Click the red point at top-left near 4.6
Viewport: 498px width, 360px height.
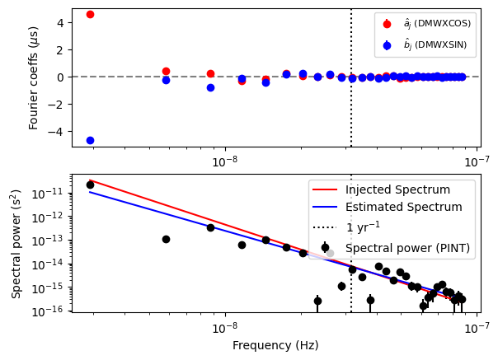click(x=90, y=14)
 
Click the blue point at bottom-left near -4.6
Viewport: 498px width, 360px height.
click(x=90, y=140)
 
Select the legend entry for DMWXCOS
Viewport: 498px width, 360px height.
click(x=425, y=24)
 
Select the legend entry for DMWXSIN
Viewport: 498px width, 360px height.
click(x=425, y=44)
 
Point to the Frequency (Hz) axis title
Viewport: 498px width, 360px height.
click(x=275, y=345)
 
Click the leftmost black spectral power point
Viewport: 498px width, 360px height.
click(x=90, y=185)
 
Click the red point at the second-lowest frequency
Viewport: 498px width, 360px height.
click(x=166, y=71)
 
